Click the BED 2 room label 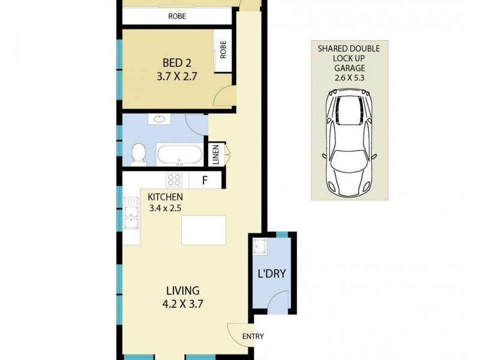(x=176, y=62)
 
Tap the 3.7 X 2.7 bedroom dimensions (x=176, y=77)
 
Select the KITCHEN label (x=165, y=197)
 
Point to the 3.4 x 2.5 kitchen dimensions (x=165, y=208)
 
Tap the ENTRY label (x=253, y=337)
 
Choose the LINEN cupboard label (x=214, y=154)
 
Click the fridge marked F (x=204, y=179)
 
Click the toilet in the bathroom (x=137, y=154)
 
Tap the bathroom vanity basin (x=160, y=119)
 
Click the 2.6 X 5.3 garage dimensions (x=348, y=77)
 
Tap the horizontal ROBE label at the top (x=177, y=17)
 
